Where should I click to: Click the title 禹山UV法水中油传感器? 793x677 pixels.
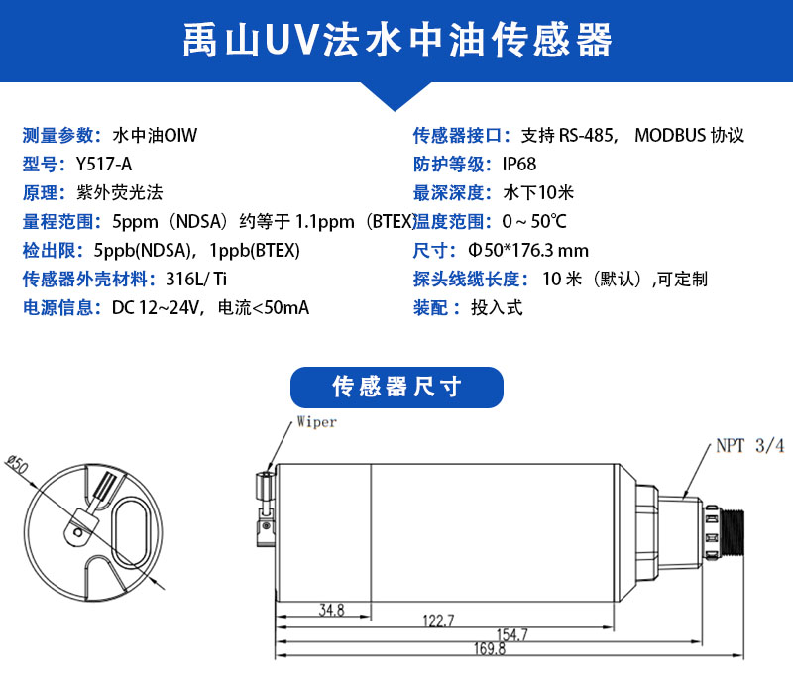tap(397, 40)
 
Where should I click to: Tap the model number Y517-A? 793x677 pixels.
tap(104, 164)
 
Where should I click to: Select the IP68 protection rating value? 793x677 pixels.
tap(518, 164)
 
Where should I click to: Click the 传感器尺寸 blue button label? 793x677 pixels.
tap(397, 387)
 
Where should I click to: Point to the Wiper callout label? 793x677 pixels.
tap(316, 421)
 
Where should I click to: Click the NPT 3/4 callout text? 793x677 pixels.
tap(750, 445)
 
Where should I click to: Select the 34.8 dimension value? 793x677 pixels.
tap(332, 610)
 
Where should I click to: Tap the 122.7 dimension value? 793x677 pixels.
tap(438, 621)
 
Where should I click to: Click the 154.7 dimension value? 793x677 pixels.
tap(511, 634)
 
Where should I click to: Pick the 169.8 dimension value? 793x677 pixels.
tap(489, 648)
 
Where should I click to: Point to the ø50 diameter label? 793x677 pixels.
tap(17, 464)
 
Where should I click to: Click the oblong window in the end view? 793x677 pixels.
tap(131, 531)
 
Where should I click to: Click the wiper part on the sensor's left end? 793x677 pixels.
tap(265, 508)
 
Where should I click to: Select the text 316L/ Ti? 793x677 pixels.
tap(196, 279)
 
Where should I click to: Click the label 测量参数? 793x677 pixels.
tap(58, 135)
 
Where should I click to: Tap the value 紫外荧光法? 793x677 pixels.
tap(120, 192)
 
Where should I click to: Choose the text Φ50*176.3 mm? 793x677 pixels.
tap(528, 250)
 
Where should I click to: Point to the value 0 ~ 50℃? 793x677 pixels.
tap(534, 221)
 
